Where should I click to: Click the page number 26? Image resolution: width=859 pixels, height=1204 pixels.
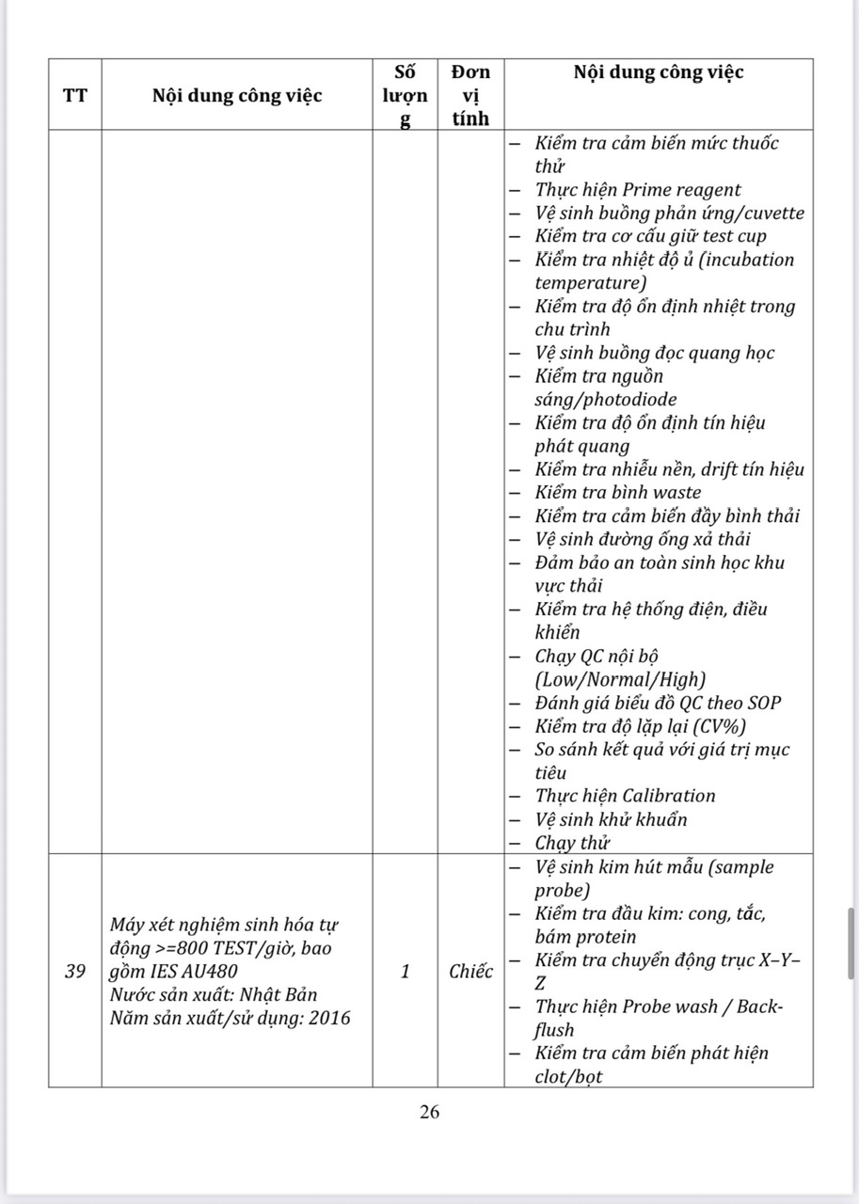click(x=429, y=1112)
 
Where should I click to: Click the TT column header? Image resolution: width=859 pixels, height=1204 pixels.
click(x=74, y=95)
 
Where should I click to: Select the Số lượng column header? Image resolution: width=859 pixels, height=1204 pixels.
click(x=406, y=95)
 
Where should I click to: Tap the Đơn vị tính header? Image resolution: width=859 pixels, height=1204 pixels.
click(x=470, y=95)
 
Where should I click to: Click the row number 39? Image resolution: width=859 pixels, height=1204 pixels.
click(x=75, y=972)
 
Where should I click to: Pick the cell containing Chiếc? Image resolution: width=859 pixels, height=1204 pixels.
click(x=470, y=972)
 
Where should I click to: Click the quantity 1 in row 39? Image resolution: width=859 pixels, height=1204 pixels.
click(x=406, y=972)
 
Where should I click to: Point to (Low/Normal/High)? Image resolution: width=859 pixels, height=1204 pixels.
click(x=620, y=679)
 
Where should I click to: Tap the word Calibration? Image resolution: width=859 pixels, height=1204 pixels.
click(x=668, y=796)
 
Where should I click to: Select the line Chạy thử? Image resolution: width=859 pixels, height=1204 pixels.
click(x=573, y=843)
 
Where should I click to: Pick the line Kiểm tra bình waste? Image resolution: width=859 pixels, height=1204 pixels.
click(x=617, y=493)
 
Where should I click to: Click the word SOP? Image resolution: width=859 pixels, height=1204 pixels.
click(x=761, y=703)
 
